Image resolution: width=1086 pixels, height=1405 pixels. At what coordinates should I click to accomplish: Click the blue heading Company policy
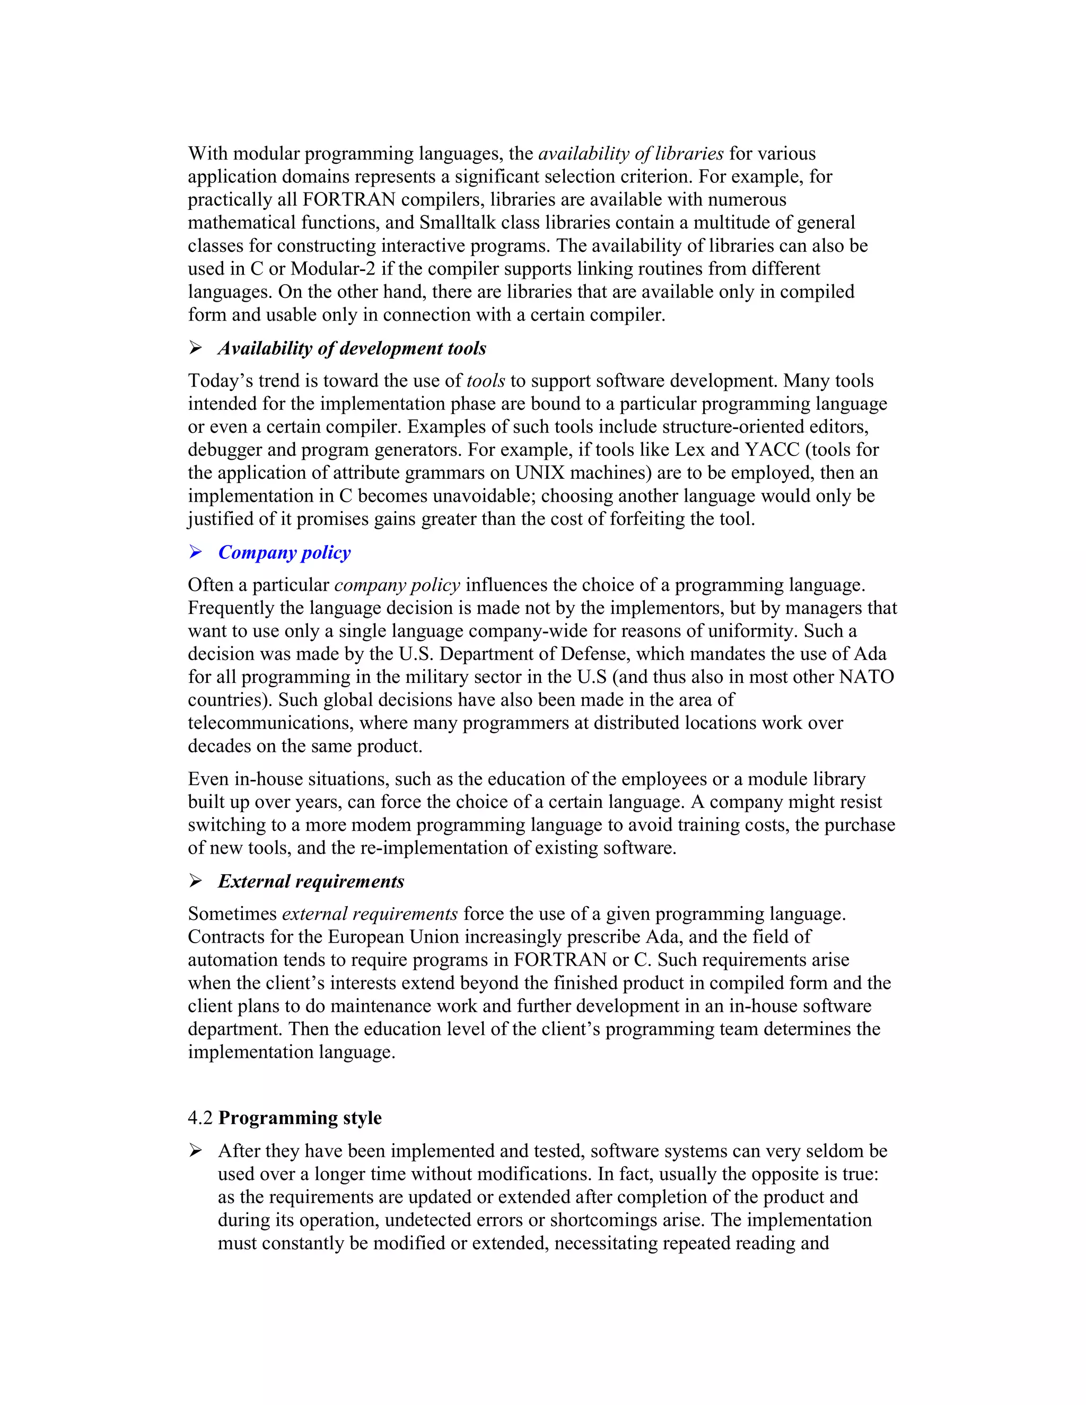click(x=284, y=552)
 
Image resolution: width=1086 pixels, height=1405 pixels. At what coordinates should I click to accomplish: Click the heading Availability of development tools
click(x=352, y=349)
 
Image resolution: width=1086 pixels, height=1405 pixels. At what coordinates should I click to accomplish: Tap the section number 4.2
click(x=200, y=1118)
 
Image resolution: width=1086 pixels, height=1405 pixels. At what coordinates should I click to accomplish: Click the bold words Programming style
click(x=300, y=1118)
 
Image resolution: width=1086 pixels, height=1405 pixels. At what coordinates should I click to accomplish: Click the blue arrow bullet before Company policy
click(x=196, y=552)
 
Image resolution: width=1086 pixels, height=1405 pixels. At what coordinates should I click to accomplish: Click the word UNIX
click(x=540, y=473)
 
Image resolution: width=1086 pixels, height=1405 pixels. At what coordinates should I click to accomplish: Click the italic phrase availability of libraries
click(x=630, y=154)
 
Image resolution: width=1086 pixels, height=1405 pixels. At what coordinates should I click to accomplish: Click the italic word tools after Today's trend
click(x=486, y=381)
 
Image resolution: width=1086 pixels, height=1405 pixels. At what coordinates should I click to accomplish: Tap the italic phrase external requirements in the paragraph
click(x=370, y=914)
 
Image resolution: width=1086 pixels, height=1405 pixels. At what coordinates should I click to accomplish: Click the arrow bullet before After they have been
click(x=196, y=1151)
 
